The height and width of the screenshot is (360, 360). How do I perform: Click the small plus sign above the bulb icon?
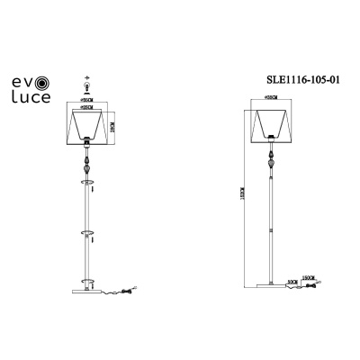click(88, 78)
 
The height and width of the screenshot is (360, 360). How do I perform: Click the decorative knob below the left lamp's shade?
click(88, 167)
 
